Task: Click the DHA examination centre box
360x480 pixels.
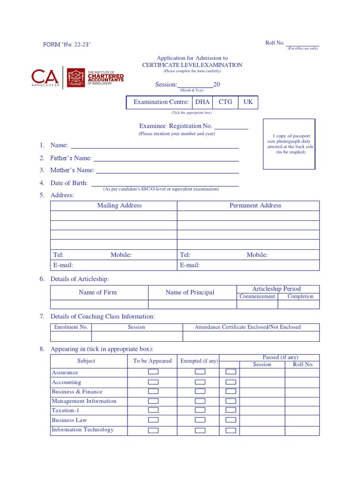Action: coord(202,102)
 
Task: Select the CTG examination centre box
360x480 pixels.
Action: coord(225,102)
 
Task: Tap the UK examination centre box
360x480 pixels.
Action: coord(248,102)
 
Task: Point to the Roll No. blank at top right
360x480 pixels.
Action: coord(302,44)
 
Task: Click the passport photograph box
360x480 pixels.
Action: coord(289,144)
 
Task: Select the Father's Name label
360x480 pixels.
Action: coord(71,158)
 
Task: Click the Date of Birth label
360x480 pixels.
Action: coord(69,183)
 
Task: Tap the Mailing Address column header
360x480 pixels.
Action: coord(119,206)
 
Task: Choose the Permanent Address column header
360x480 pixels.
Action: coord(255,206)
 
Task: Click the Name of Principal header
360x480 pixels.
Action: coord(190,292)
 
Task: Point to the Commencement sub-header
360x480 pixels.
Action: coord(257,297)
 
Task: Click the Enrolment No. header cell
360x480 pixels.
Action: coord(71,327)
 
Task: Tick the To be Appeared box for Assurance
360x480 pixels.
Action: coord(153,372)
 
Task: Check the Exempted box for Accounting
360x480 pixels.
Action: coord(200,382)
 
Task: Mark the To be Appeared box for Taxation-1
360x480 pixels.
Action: coord(153,411)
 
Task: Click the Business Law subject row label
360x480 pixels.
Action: coord(69,420)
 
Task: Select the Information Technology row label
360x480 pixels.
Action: coord(82,430)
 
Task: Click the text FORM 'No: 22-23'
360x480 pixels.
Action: coord(67,45)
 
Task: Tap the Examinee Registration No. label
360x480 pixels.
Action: coord(176,126)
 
